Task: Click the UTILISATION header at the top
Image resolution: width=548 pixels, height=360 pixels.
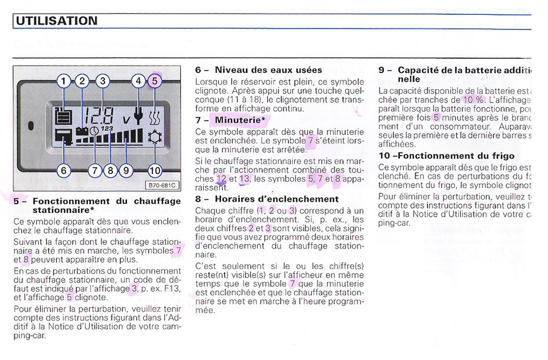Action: (56, 21)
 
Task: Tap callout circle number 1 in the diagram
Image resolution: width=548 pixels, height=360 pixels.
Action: (64, 81)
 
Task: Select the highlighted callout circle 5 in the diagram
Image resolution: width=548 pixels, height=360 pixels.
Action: (155, 81)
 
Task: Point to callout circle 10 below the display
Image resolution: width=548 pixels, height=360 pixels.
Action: (155, 171)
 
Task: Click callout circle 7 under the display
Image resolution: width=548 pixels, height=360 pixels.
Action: (95, 171)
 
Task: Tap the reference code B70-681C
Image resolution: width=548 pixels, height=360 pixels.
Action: (164, 185)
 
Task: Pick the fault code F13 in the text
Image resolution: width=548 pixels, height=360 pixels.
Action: (173, 288)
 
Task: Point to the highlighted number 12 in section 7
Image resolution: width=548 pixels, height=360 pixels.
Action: (222, 178)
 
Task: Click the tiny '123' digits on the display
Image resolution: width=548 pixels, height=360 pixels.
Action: (106, 129)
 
